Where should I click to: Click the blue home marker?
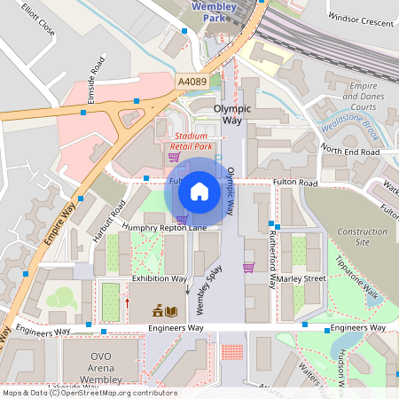pos(199,191)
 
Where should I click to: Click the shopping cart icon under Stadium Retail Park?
pos(174,157)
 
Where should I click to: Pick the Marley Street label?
pos(301,278)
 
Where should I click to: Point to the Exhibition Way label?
pos(160,278)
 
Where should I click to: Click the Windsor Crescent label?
pos(359,17)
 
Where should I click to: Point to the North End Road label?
pos(350,153)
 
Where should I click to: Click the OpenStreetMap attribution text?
pos(89,393)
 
